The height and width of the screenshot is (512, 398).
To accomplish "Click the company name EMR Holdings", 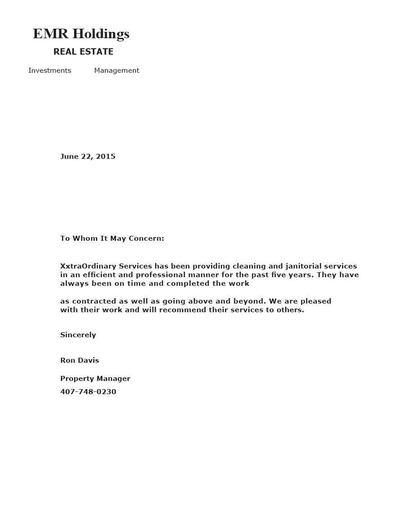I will coord(81,34).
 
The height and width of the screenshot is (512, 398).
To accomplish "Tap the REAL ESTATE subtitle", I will coord(83,52).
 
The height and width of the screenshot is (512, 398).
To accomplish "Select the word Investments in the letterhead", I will coord(50,71).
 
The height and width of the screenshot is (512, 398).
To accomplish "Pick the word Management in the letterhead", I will coord(116,71).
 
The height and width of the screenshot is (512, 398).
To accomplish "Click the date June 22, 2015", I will coord(88,157).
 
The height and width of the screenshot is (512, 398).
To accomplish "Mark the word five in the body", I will coord(277,275).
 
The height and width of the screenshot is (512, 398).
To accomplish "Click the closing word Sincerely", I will coord(78,335).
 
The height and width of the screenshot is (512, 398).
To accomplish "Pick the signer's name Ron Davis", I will coord(80,360).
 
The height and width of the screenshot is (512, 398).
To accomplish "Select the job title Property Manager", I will coord(95,379).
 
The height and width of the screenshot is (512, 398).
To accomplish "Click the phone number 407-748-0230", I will coord(88,392).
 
